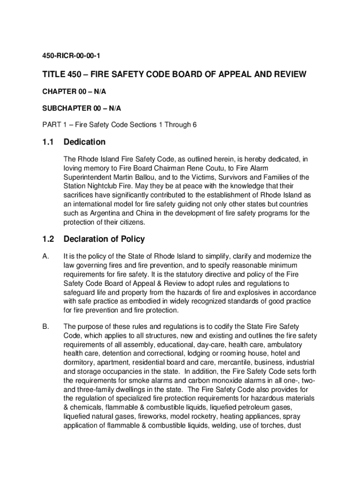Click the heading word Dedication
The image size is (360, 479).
click(85, 142)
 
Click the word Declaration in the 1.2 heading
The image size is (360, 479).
click(88, 239)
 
